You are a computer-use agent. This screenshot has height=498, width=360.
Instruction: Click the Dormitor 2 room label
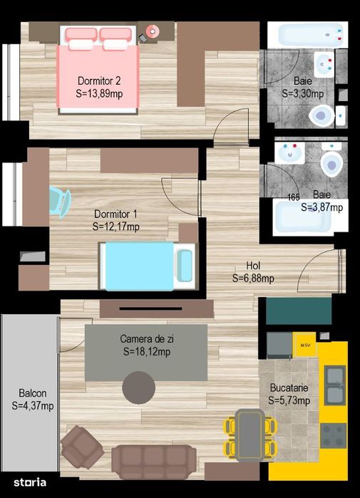[98, 80]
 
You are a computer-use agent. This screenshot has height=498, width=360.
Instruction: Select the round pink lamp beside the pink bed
[152, 31]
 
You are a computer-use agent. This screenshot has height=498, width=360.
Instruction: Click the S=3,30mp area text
[302, 93]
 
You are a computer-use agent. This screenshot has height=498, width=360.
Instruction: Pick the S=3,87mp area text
[322, 208]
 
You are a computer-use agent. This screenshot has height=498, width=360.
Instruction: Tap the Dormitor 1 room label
[115, 214]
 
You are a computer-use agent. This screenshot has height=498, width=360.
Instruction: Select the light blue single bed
[147, 265]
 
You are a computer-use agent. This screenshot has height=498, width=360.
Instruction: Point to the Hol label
[253, 265]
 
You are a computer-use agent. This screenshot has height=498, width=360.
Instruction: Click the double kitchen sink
[334, 385]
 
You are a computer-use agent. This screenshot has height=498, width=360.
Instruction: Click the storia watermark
[29, 482]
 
